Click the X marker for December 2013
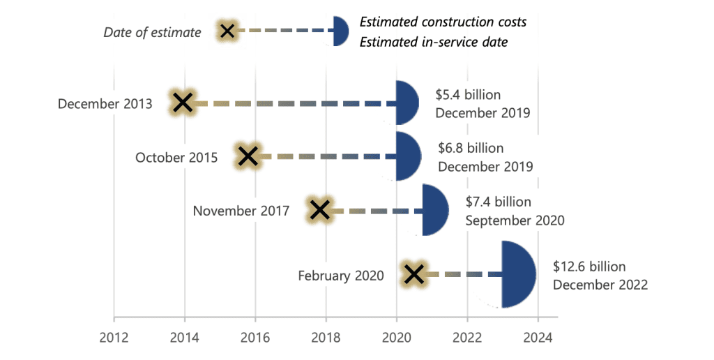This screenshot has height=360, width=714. [183, 103]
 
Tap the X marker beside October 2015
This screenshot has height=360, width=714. [247, 157]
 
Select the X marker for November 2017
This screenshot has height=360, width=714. [319, 209]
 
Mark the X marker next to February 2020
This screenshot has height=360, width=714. [414, 274]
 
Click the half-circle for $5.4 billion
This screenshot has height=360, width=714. [407, 103]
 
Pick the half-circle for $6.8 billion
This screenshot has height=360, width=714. [408, 156]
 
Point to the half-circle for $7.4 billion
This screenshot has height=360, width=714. [434, 209]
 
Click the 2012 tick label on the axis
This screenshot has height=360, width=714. [114, 337]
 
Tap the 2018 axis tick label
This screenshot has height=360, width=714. [326, 337]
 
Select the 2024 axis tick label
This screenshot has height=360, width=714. [538, 337]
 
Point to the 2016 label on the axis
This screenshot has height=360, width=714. [255, 337]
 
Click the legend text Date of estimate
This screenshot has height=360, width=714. [152, 32]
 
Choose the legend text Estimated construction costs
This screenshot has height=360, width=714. [443, 22]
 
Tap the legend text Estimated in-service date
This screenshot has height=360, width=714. [433, 43]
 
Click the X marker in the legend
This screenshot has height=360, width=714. [227, 31]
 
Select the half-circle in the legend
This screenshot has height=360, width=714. [340, 31]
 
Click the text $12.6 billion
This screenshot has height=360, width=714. [589, 267]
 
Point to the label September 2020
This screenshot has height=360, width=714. [515, 220]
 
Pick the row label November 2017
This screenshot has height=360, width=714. [241, 210]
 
